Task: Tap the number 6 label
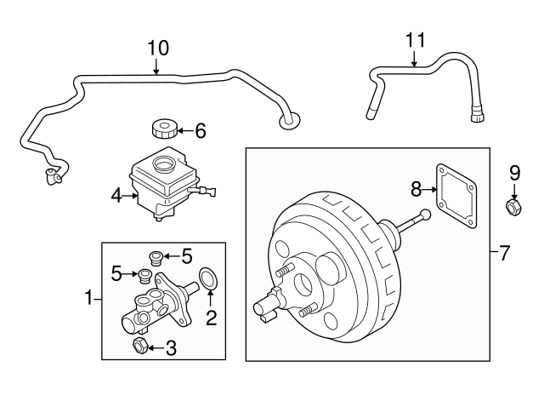(x=201, y=131)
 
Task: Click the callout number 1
(x=88, y=297)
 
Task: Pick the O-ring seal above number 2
(x=207, y=278)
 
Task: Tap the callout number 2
(x=212, y=319)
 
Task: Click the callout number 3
(x=171, y=347)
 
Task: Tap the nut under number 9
(x=513, y=206)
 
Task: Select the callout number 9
(x=513, y=173)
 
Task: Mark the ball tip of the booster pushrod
(x=425, y=214)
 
